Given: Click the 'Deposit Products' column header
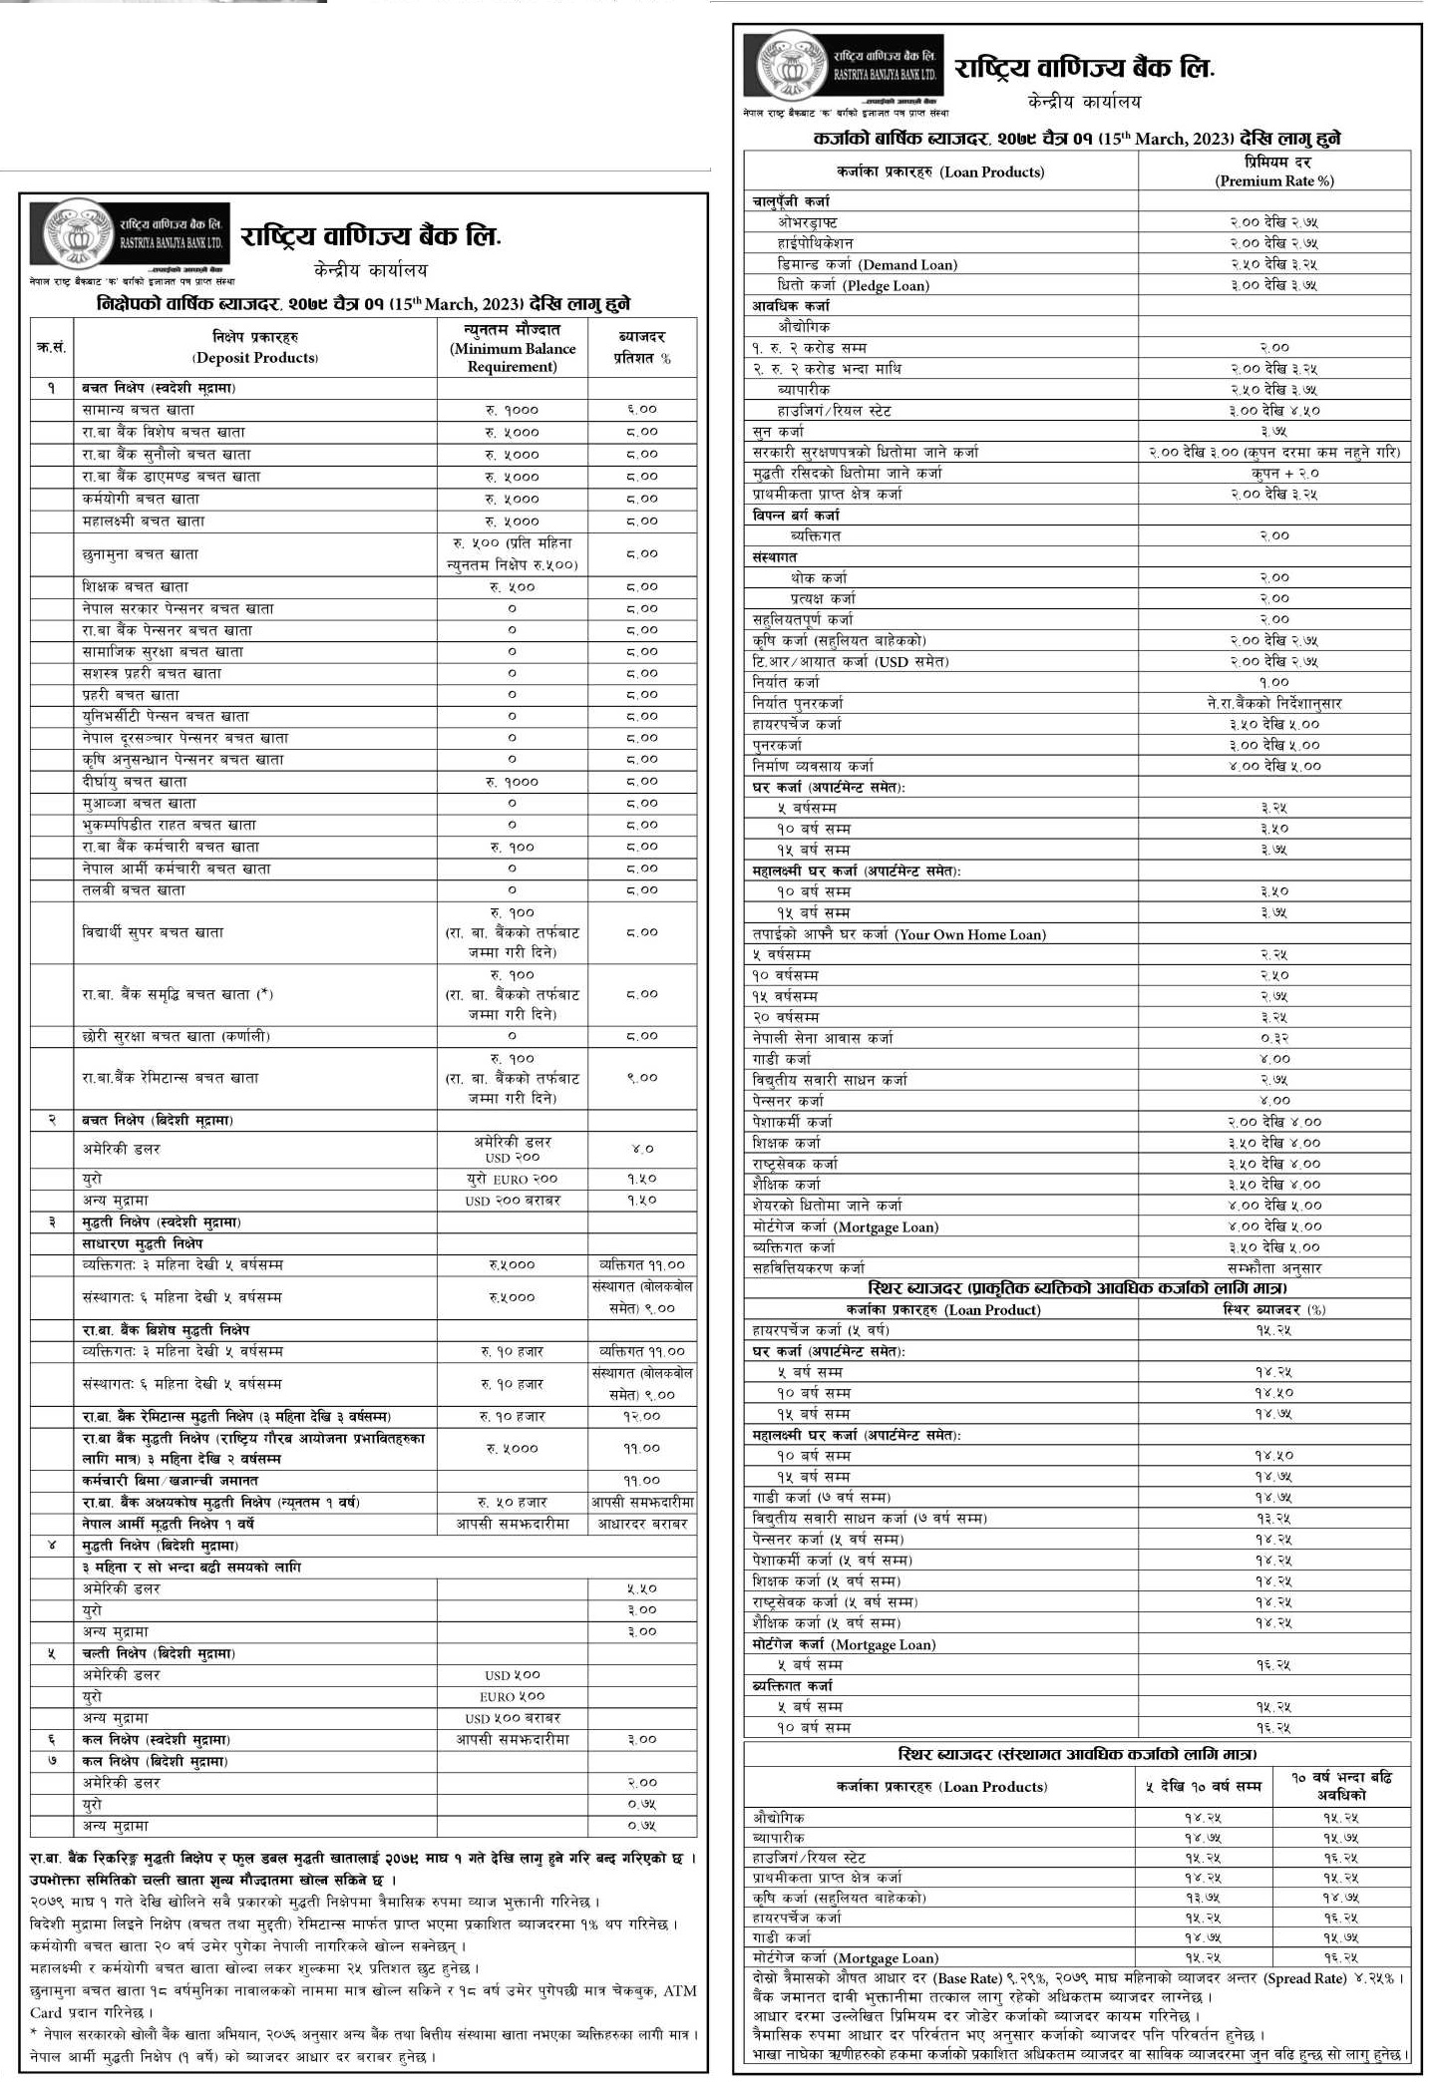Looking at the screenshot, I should pos(255,357).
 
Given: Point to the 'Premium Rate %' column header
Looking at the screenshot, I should pos(1273,180).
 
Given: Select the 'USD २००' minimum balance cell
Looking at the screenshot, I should pos(513,1158).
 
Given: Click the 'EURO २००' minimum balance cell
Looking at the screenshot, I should pos(513,1179).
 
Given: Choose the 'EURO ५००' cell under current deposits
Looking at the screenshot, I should pos(513,1696).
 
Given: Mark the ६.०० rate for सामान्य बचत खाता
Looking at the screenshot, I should pos(641,409).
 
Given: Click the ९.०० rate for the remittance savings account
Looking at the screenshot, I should pos(641,1077).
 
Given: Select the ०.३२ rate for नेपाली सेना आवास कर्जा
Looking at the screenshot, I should pos(1273,1038).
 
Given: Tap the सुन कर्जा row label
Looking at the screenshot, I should pos(778,431).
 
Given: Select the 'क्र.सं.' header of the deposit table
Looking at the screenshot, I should pos(51,347).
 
